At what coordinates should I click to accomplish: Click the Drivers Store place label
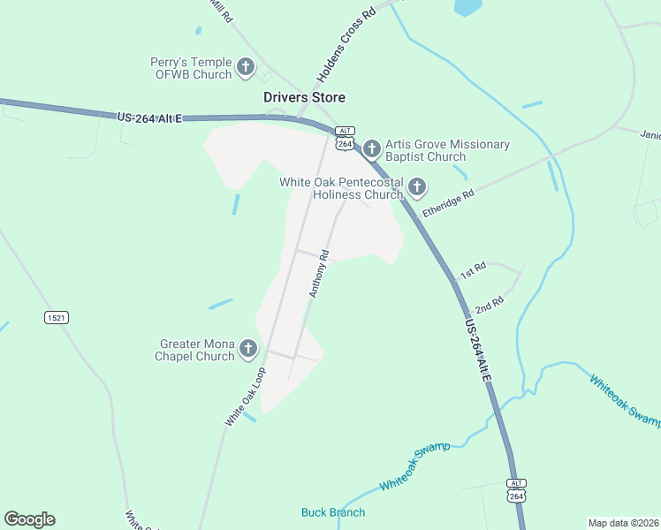[304, 97]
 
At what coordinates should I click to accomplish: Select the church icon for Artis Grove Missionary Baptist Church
[371, 147]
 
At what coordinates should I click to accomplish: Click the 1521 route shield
[57, 317]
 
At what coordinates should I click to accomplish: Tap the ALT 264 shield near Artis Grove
[345, 139]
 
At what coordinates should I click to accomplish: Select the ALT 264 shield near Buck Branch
[517, 491]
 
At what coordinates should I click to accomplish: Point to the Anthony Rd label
[319, 273]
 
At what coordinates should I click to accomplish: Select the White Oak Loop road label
[245, 398]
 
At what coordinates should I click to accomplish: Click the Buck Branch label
[333, 512]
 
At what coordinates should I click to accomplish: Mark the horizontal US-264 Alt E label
[148, 117]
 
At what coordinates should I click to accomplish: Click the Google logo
[29, 519]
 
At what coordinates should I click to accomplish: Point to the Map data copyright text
[623, 523]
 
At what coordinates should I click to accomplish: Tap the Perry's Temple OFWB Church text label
[191, 68]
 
